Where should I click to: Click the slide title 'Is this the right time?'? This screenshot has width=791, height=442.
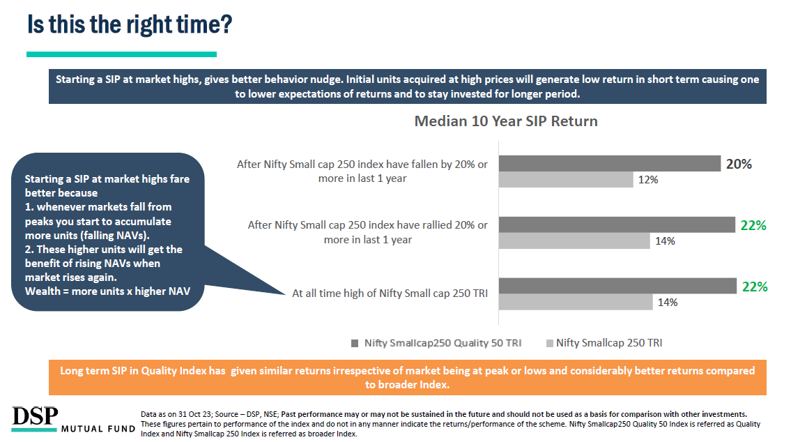130,24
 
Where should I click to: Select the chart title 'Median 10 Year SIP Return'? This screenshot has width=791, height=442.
505,121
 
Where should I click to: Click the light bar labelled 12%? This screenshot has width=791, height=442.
566,179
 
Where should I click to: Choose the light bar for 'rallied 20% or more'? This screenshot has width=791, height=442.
574,241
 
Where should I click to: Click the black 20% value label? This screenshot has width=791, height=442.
739,164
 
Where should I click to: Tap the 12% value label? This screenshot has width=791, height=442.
647,180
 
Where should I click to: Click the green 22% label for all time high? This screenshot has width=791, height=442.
755,287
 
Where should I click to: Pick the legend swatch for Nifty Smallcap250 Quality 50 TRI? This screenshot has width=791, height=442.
355,343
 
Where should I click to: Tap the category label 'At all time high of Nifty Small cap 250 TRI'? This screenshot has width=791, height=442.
390,294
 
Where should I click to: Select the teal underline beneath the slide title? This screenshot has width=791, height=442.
121,54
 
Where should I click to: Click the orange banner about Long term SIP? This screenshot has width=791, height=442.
408,377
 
